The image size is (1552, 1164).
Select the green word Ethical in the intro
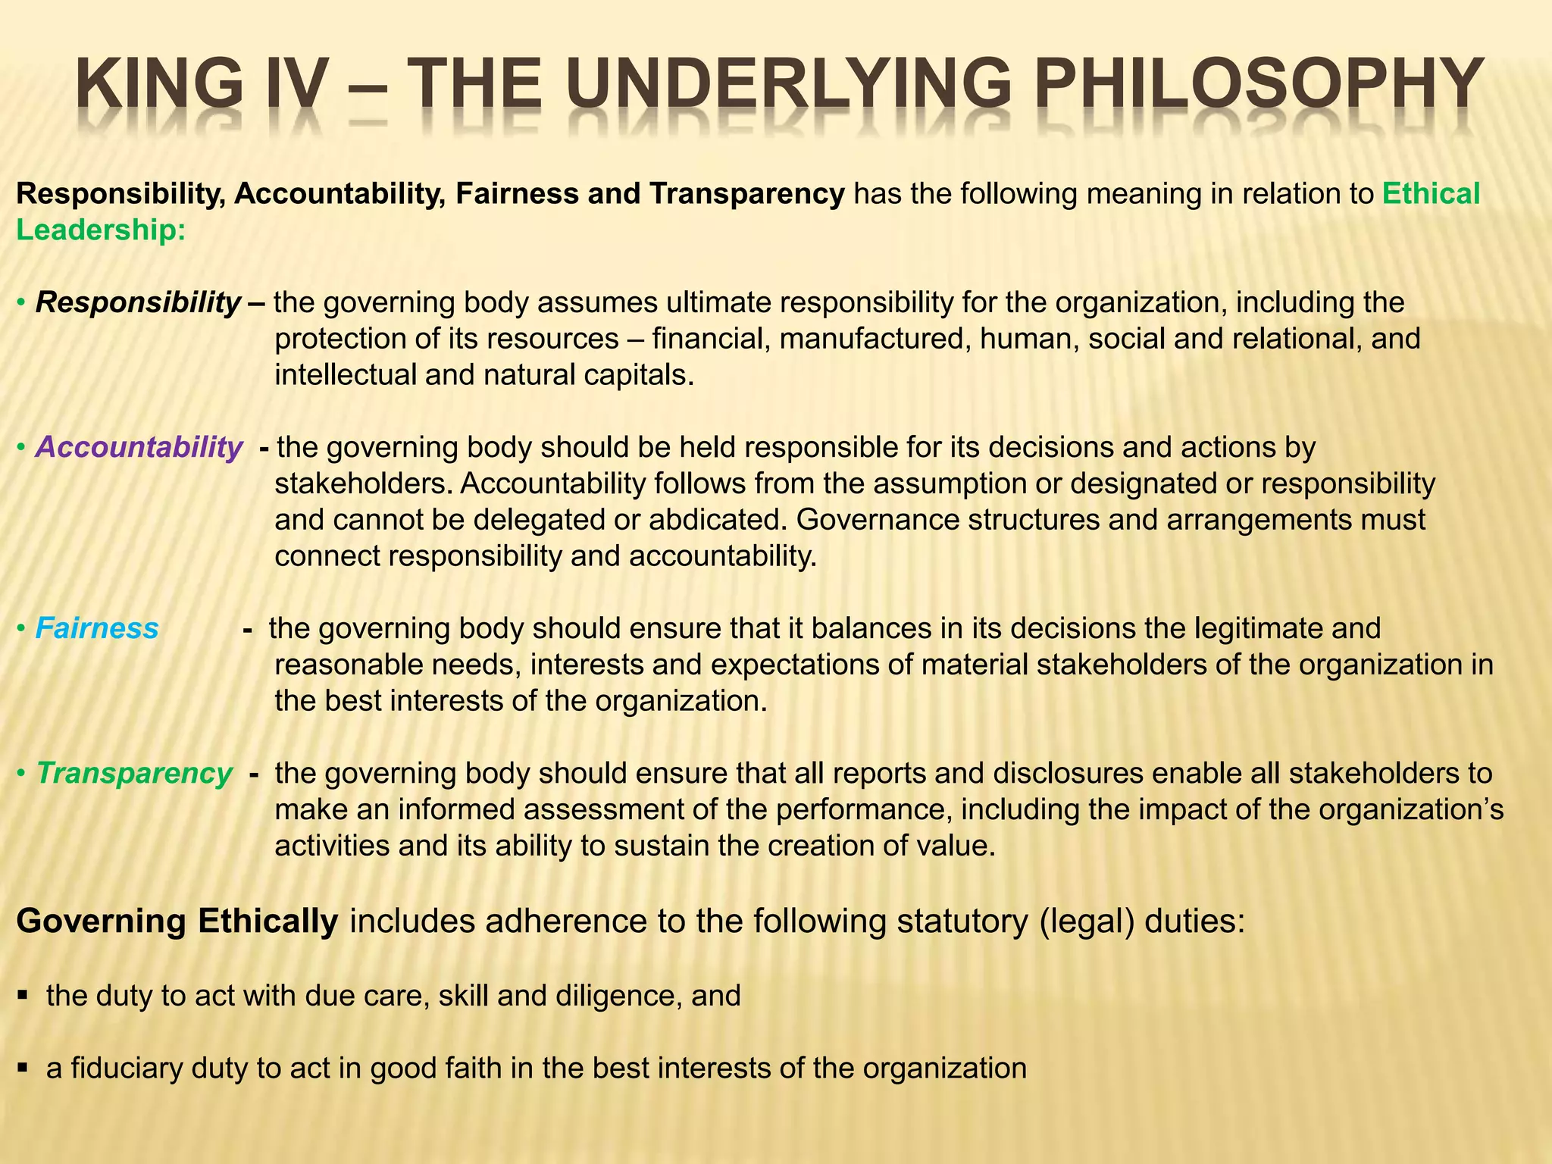[x=1431, y=194]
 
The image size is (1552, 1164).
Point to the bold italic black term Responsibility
[x=139, y=302]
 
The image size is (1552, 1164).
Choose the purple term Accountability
[x=139, y=447]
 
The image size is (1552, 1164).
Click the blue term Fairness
[x=97, y=628]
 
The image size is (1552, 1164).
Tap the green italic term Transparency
[x=134, y=774]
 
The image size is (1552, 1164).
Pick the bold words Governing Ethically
[x=177, y=921]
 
